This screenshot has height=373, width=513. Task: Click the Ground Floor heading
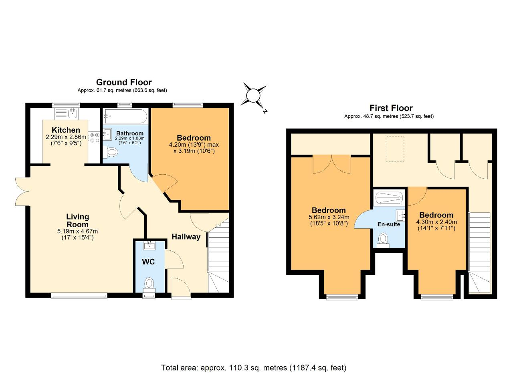pos(124,82)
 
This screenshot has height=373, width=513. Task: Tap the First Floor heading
pos(391,108)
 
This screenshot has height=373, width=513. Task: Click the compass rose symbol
pos(254,95)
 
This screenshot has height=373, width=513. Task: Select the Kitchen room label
pos(66,130)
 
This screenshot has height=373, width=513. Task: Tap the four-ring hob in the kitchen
pos(94,137)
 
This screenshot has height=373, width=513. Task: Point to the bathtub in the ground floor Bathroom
pos(125,116)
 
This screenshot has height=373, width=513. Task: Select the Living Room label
pos(77,220)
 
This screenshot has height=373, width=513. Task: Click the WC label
pos(148,262)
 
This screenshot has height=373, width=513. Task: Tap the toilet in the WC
pos(149,285)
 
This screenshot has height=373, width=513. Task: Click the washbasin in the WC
pos(149,246)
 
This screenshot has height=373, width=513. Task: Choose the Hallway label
pos(186,237)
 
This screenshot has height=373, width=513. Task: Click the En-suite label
pos(389,224)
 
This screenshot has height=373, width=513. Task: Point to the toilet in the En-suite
pos(383,240)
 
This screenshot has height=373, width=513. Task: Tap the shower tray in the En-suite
pos(389,198)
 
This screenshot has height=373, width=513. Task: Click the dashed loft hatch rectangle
pos(395,149)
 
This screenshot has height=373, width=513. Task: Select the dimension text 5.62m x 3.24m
pos(329,217)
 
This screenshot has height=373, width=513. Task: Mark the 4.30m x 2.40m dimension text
pos(436,222)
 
